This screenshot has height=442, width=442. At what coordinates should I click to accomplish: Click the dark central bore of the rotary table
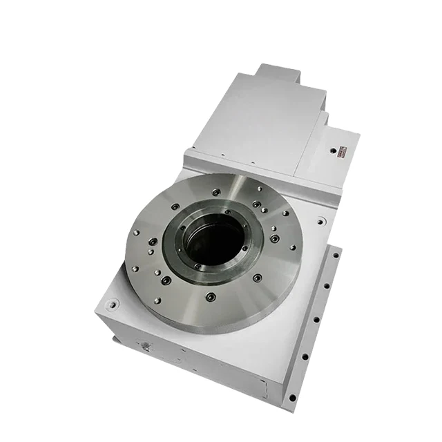(x=214, y=242)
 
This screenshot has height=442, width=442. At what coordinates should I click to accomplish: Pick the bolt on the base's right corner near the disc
(x=322, y=222)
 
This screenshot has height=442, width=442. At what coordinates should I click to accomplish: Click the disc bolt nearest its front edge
(x=211, y=298)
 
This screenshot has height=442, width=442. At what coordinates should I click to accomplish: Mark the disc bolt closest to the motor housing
(x=217, y=193)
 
